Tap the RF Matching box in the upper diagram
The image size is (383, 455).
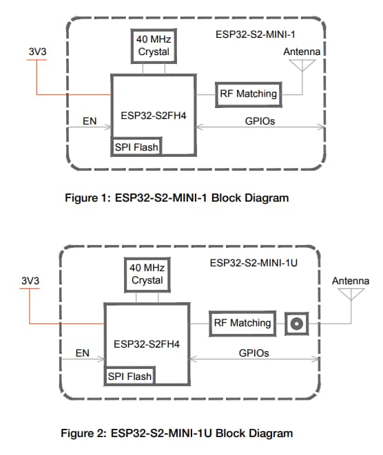249,94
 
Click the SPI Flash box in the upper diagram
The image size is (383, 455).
136,147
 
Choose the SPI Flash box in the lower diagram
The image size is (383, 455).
130,375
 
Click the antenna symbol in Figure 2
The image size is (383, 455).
351,294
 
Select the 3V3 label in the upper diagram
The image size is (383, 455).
37,52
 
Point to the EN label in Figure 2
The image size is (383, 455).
83,352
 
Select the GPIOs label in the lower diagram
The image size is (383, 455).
253,352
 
